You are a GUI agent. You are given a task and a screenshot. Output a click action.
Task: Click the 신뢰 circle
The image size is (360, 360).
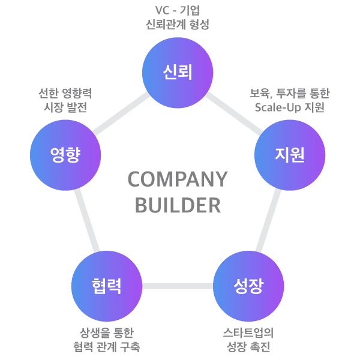point(178,73)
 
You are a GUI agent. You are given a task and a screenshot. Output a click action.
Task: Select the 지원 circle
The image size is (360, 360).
point(290,155)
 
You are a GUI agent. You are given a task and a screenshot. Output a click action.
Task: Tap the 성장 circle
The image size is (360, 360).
point(248,286)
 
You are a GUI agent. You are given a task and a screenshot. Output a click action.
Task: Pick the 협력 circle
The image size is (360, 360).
point(107,286)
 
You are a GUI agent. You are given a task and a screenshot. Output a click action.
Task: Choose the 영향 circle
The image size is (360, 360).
point(65,155)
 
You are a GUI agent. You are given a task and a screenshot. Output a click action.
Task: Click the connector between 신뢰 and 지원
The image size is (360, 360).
point(234,113)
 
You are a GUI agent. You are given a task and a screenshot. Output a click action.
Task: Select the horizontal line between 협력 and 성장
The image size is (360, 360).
point(178,286)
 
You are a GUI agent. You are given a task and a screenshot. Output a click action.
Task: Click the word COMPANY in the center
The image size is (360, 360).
point(178,179)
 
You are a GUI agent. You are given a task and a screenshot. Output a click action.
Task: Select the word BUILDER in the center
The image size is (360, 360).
point(178,205)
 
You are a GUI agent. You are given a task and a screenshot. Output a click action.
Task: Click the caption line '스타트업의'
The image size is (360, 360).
point(248,332)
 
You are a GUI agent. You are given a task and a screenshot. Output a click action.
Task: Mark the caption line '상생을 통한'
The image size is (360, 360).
point(107,332)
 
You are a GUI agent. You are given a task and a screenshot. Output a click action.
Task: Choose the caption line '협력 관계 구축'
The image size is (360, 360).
point(107,347)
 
